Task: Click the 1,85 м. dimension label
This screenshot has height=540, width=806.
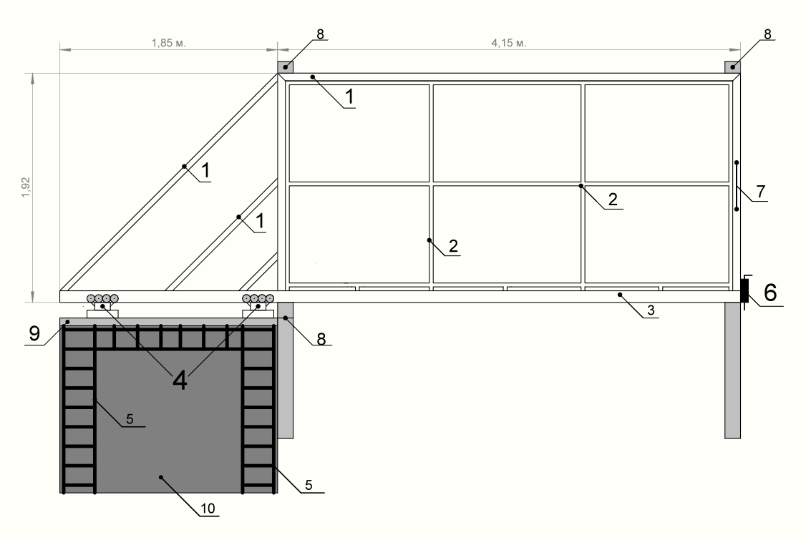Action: click(169, 43)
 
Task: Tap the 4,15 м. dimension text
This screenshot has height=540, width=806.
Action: click(509, 43)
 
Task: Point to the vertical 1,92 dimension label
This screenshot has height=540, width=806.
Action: click(26, 187)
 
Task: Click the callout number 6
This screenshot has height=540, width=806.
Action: click(770, 293)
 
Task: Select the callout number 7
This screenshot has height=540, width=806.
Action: click(761, 192)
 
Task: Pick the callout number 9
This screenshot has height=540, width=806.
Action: click(34, 333)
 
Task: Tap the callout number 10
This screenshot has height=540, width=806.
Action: click(208, 509)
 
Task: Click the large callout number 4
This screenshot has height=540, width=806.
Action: click(180, 381)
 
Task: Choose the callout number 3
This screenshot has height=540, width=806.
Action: click(651, 310)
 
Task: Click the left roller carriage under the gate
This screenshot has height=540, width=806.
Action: click(102, 305)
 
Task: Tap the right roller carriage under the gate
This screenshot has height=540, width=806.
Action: click(258, 305)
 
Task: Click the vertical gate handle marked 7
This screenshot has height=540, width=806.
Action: click(737, 186)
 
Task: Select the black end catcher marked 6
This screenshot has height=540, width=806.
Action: click(744, 291)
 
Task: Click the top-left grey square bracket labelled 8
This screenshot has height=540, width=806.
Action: click(286, 67)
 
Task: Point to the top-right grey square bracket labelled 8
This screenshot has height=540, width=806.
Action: click(732, 67)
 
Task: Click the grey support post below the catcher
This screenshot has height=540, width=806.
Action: click(732, 370)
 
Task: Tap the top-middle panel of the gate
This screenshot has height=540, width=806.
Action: click(507, 133)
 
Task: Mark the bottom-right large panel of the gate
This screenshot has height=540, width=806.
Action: click(657, 235)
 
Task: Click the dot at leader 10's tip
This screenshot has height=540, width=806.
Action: click(161, 477)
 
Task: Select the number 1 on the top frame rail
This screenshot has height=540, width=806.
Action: click(349, 97)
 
